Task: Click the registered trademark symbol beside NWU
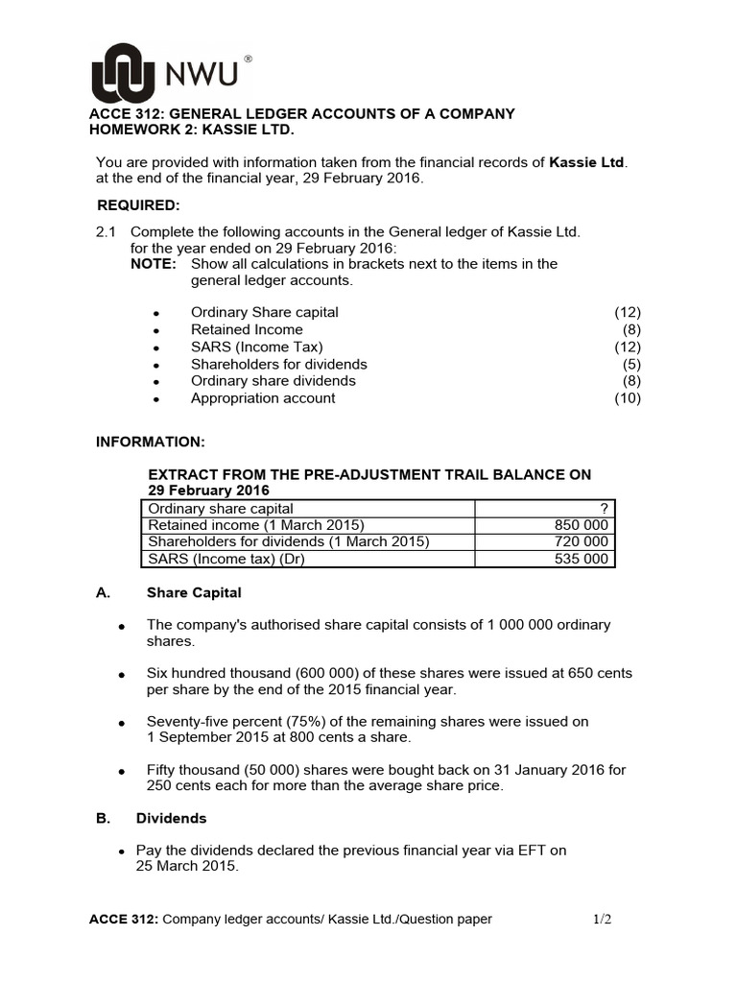coord(249,60)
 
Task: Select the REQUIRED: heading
coord(138,204)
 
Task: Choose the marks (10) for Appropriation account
coord(628,398)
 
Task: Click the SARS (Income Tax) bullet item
coord(256,347)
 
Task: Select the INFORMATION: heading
coord(150,442)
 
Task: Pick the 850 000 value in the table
coord(581,525)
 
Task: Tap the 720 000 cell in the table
coord(581,542)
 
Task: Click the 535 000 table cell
coord(581,559)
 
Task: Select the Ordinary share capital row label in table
coord(220,509)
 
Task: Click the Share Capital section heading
coord(194,593)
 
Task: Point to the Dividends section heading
coord(171,819)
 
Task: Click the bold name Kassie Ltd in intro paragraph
coord(586,161)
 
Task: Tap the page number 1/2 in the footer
coord(602,919)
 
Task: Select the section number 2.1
coord(106,231)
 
